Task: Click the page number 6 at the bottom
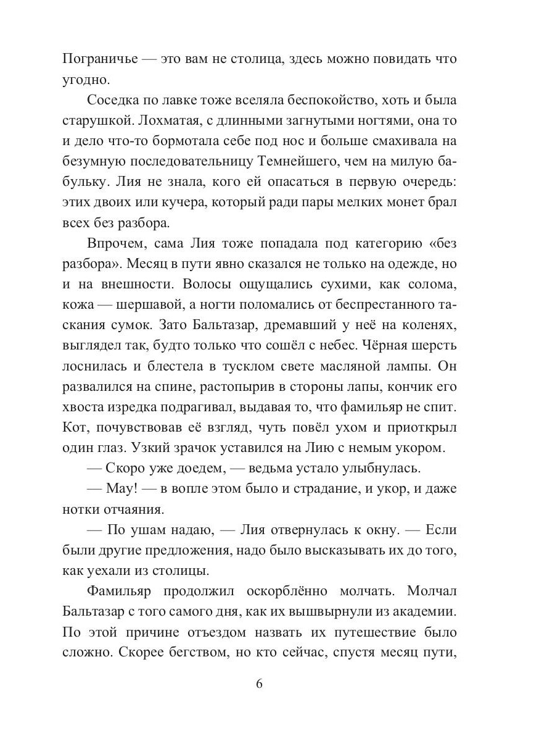point(259,684)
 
